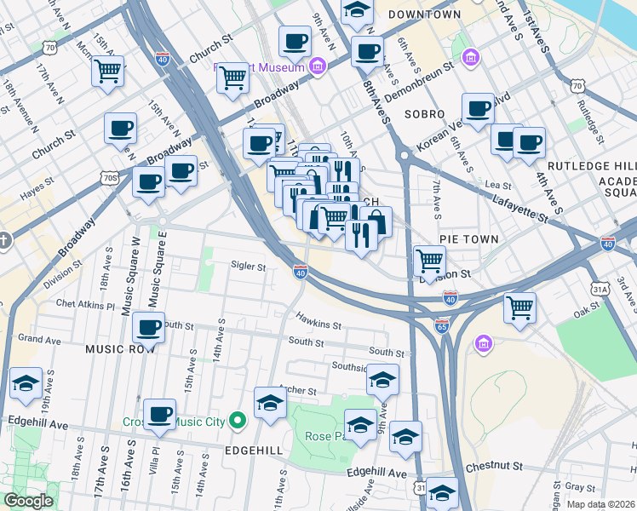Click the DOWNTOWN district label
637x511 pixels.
pyautogui.click(x=425, y=14)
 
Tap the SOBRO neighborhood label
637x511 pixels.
pyautogui.click(x=425, y=113)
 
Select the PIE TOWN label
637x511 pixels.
pyautogui.click(x=468, y=239)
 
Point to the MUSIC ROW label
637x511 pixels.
pyautogui.click(x=119, y=349)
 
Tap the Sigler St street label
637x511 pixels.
pyautogui.click(x=249, y=266)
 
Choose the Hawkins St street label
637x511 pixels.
pyautogui.click(x=318, y=324)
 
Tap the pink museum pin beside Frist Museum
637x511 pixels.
pyautogui.click(x=318, y=66)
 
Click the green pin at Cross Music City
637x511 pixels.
pyautogui.click(x=238, y=421)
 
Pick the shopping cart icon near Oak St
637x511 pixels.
pyautogui.click(x=519, y=307)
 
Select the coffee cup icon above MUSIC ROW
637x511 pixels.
pyautogui.click(x=149, y=327)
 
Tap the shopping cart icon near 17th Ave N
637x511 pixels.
pyautogui.click(x=108, y=72)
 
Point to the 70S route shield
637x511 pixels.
pyautogui.click(x=108, y=178)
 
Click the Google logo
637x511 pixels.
pyautogui.click(x=28, y=501)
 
